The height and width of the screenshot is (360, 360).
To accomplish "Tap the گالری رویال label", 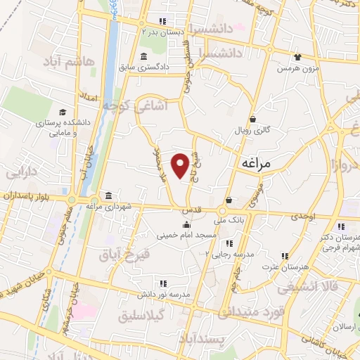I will pyautogui.click(x=252, y=130).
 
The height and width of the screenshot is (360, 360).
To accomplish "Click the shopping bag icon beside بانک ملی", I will pyautogui.click(x=229, y=200).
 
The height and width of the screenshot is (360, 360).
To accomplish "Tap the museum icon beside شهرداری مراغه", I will pyautogui.click(x=108, y=195).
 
